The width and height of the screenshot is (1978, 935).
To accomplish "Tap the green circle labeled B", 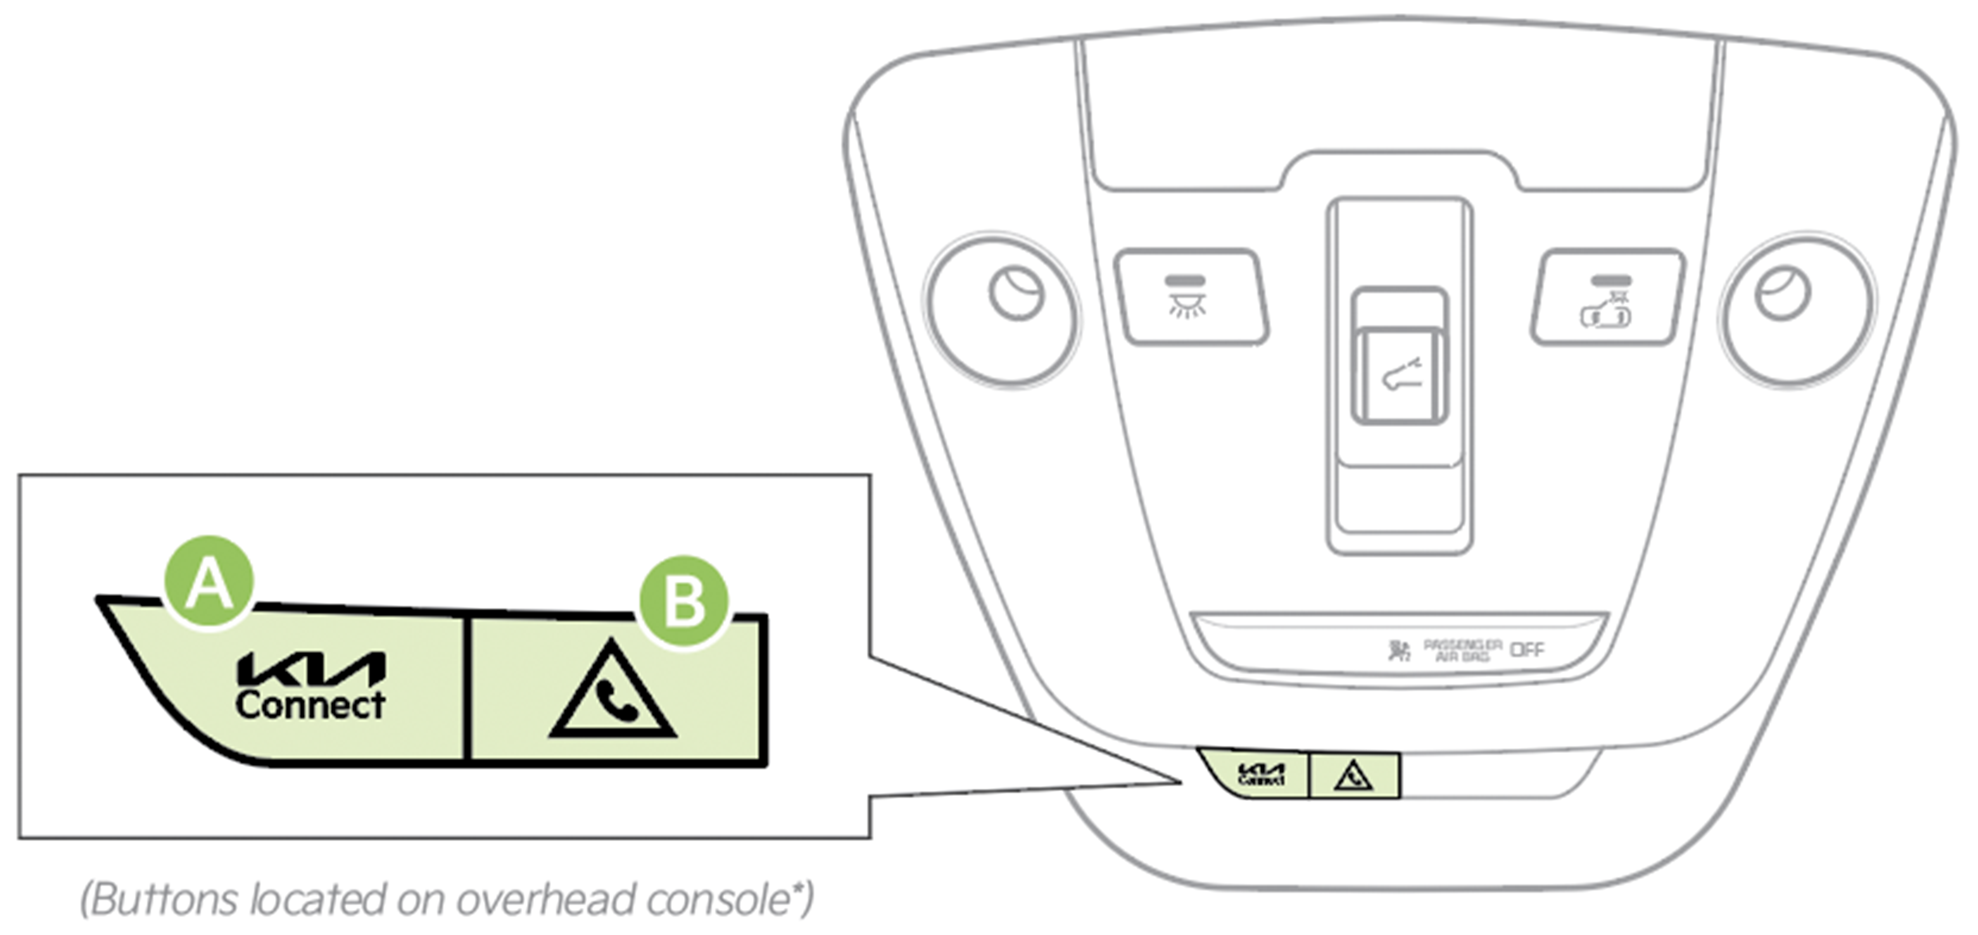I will pyautogui.click(x=684, y=601).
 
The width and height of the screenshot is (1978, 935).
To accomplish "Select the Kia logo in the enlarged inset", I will pyautogui.click(x=311, y=668).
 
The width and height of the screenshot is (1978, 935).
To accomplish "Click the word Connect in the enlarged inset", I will pyautogui.click(x=310, y=705).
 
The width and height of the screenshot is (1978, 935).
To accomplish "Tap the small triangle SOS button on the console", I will pyautogui.click(x=1354, y=776).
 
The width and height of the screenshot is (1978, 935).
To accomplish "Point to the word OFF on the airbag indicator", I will pyautogui.click(x=1527, y=650).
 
